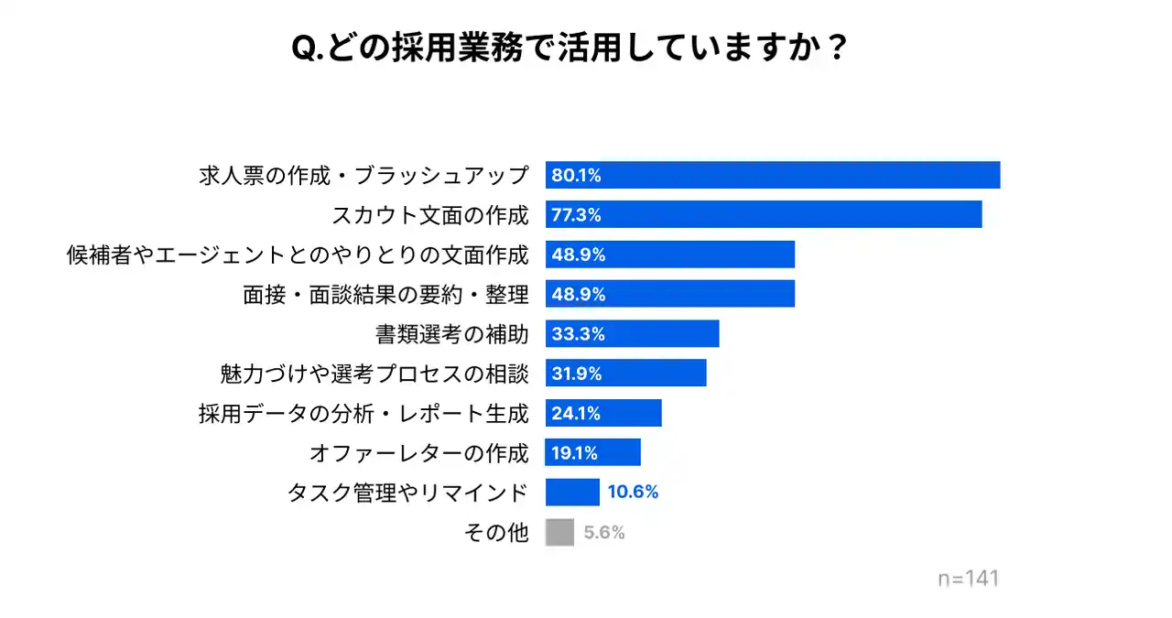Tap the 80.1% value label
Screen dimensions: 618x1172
pyautogui.click(x=576, y=176)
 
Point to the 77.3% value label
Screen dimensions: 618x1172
pyautogui.click(x=576, y=215)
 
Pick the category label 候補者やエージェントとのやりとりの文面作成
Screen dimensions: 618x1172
pyautogui.click(x=298, y=255)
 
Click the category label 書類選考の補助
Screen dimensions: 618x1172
pyautogui.click(x=451, y=334)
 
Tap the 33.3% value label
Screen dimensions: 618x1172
pyautogui.click(x=578, y=334)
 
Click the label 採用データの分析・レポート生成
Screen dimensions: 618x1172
pyautogui.click(x=364, y=413)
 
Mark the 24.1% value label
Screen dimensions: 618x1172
pyautogui.click(x=576, y=413)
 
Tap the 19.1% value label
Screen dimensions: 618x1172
pyautogui.click(x=574, y=452)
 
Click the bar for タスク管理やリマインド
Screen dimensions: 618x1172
pyautogui.click(x=572, y=493)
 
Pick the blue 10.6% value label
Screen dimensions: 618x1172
pyautogui.click(x=633, y=493)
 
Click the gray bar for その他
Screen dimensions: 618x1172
pyautogui.click(x=559, y=532)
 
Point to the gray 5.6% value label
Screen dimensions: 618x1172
pyautogui.click(x=604, y=533)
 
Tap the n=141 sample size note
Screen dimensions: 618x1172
pyautogui.click(x=968, y=579)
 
